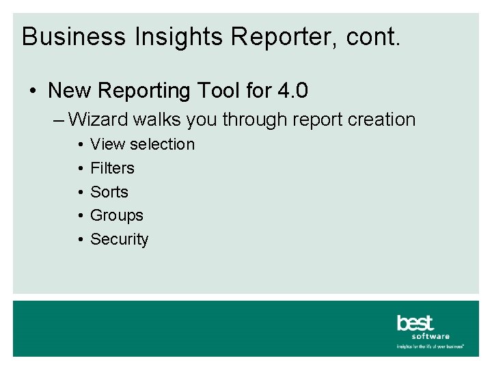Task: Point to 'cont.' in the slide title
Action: click(374, 37)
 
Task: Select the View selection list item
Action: click(142, 144)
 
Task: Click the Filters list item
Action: click(112, 168)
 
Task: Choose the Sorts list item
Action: click(109, 192)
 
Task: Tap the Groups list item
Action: click(117, 215)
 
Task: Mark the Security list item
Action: click(119, 239)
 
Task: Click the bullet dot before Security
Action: click(81, 239)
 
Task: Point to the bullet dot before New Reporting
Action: click(33, 91)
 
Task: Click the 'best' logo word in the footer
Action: click(415, 323)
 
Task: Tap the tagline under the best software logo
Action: click(430, 346)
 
